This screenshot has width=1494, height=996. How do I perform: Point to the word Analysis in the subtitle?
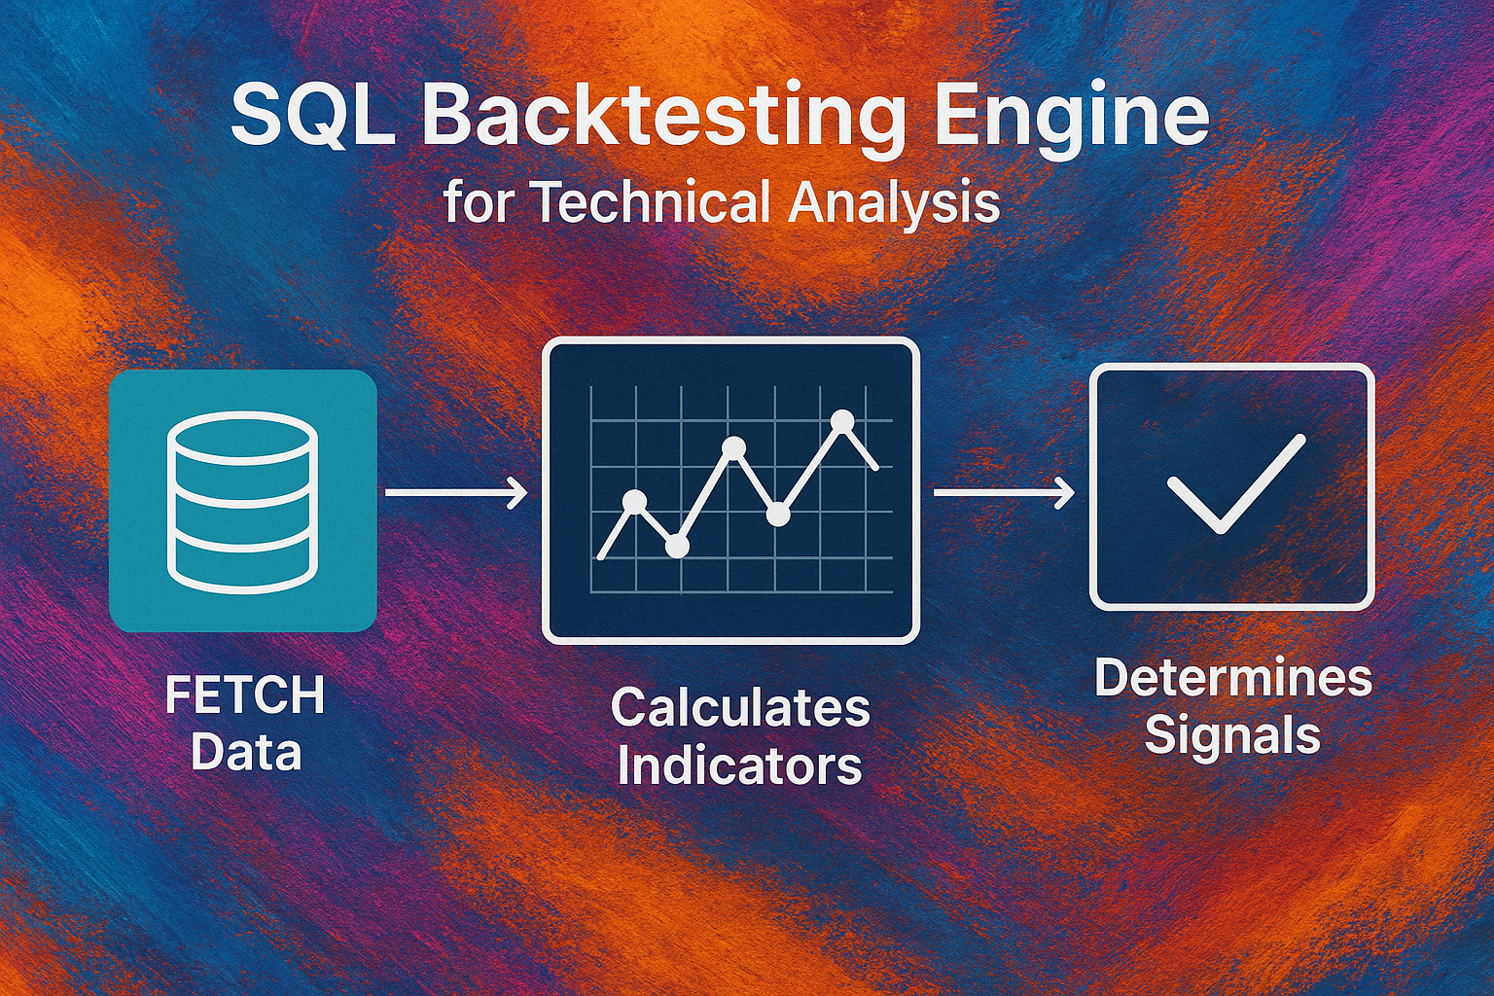(x=894, y=204)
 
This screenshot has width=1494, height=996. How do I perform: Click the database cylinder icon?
(x=242, y=502)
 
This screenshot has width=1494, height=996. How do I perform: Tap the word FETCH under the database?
(x=245, y=694)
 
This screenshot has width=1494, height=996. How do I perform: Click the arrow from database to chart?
(x=457, y=493)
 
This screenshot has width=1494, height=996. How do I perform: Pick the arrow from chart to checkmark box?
(x=1004, y=493)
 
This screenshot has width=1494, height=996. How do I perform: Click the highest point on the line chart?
(x=843, y=421)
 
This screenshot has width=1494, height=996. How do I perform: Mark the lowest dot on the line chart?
(x=676, y=547)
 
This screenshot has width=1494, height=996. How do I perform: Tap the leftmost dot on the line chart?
(x=633, y=500)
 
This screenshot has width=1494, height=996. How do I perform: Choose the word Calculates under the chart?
(x=740, y=708)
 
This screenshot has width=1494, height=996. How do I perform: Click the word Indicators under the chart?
(x=739, y=765)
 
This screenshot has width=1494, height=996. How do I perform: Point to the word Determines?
(x=1233, y=679)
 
